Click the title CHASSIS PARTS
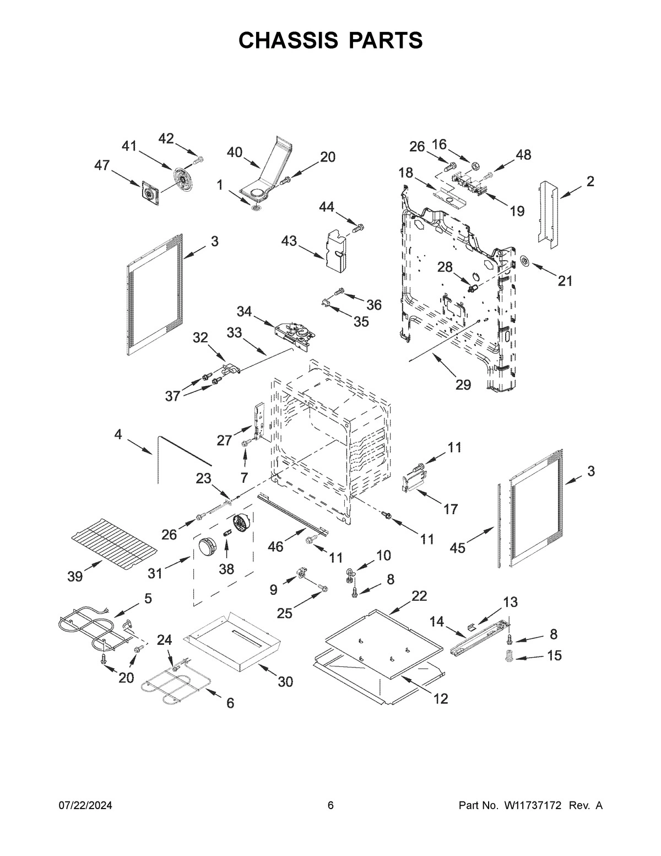pyautogui.click(x=330, y=40)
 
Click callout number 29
pyautogui.click(x=463, y=384)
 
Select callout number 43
pyautogui.click(x=289, y=241)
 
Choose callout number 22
pyautogui.click(x=419, y=596)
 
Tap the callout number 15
pyautogui.click(x=554, y=655)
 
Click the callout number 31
pyautogui.click(x=155, y=573)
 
